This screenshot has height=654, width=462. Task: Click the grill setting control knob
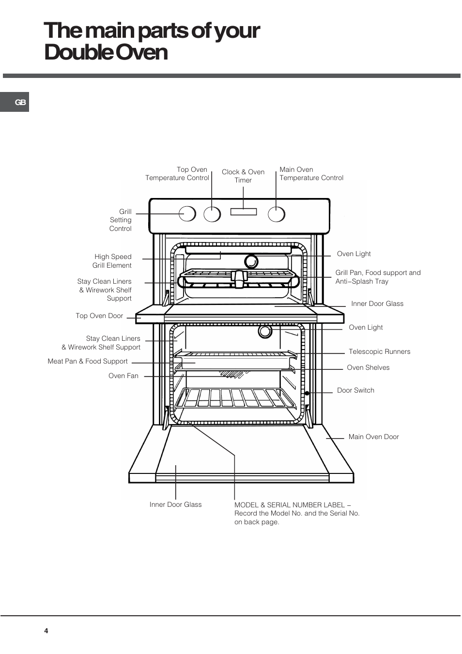coord(187,213)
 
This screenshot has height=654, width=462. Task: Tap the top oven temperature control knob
coord(212,214)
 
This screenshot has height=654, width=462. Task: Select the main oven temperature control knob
coord(276,214)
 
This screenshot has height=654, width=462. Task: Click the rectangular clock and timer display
coord(244,212)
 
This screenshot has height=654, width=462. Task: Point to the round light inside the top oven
coord(251,261)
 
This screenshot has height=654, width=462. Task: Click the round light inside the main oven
coord(265,332)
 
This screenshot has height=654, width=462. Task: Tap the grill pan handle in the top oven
coord(239,279)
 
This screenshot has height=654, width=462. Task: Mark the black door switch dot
coord(307,393)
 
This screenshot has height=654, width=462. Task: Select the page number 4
coord(46,631)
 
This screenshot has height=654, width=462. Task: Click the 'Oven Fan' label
coord(123,376)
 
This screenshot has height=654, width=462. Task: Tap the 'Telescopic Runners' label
coord(379,351)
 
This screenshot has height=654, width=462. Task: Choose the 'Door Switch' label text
coord(355,390)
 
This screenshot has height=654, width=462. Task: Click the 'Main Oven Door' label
coord(373,437)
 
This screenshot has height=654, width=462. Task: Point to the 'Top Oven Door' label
coord(99,316)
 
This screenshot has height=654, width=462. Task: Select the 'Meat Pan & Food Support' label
coord(88,362)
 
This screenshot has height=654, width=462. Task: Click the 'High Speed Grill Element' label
coord(112,261)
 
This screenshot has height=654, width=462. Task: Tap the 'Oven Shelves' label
coord(368,367)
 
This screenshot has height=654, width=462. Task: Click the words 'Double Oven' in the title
coord(106,53)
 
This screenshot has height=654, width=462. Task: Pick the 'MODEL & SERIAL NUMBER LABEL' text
coord(293,505)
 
